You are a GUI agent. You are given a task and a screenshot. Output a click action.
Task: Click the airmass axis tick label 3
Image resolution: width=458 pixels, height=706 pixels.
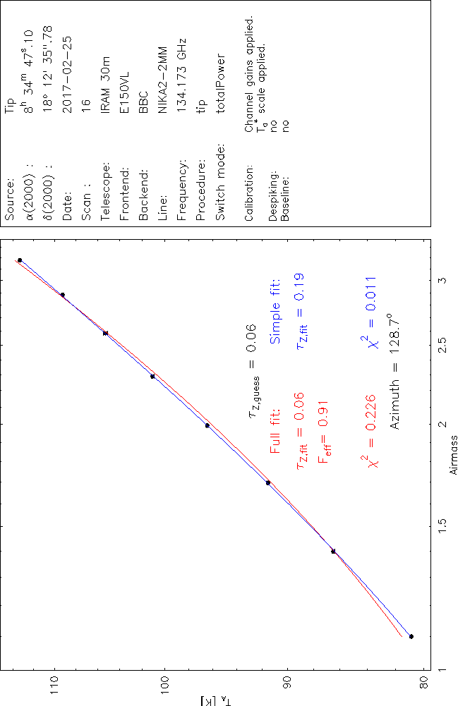tap(442, 280)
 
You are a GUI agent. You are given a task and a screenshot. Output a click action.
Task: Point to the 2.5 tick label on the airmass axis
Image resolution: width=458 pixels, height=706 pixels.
tap(442, 345)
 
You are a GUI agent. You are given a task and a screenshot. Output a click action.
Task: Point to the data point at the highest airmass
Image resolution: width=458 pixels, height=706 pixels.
tap(20, 260)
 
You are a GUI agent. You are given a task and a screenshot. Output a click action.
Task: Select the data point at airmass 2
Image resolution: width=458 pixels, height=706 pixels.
tap(207, 425)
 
